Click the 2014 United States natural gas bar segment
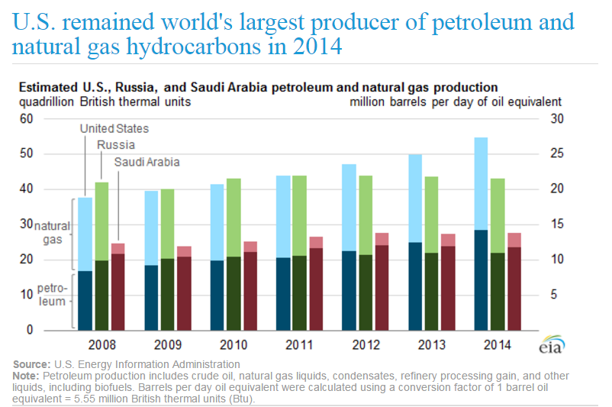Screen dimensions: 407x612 tap(481, 183)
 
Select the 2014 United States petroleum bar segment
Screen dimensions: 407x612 tap(481, 279)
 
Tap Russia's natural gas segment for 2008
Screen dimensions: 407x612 tap(101, 221)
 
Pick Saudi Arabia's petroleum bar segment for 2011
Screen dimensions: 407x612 tap(316, 289)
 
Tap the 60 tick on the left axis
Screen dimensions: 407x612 tap(26, 118)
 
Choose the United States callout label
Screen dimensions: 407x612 tap(114, 129)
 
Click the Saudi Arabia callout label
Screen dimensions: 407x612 tap(147, 162)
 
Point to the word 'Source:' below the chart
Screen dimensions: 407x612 tap(31, 364)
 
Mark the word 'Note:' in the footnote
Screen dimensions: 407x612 tap(27, 376)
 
